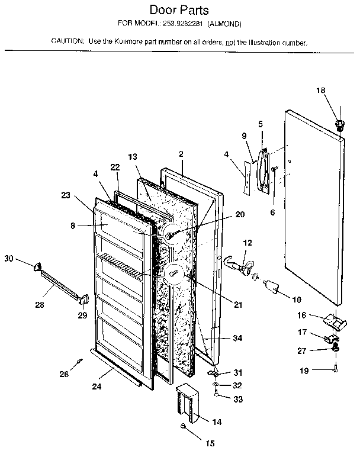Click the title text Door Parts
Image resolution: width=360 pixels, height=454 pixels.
pyautogui.click(x=179, y=10)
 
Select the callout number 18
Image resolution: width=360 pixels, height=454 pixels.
pyautogui.click(x=320, y=91)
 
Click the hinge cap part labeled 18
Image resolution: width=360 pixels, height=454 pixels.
pyautogui.click(x=340, y=124)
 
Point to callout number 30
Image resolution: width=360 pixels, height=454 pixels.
pyautogui.click(x=8, y=258)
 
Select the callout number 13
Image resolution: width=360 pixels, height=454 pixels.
pyautogui.click(x=132, y=157)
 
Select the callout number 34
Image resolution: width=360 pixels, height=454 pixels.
pyautogui.click(x=237, y=338)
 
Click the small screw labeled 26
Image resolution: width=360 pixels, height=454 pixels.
pyautogui.click(x=78, y=361)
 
